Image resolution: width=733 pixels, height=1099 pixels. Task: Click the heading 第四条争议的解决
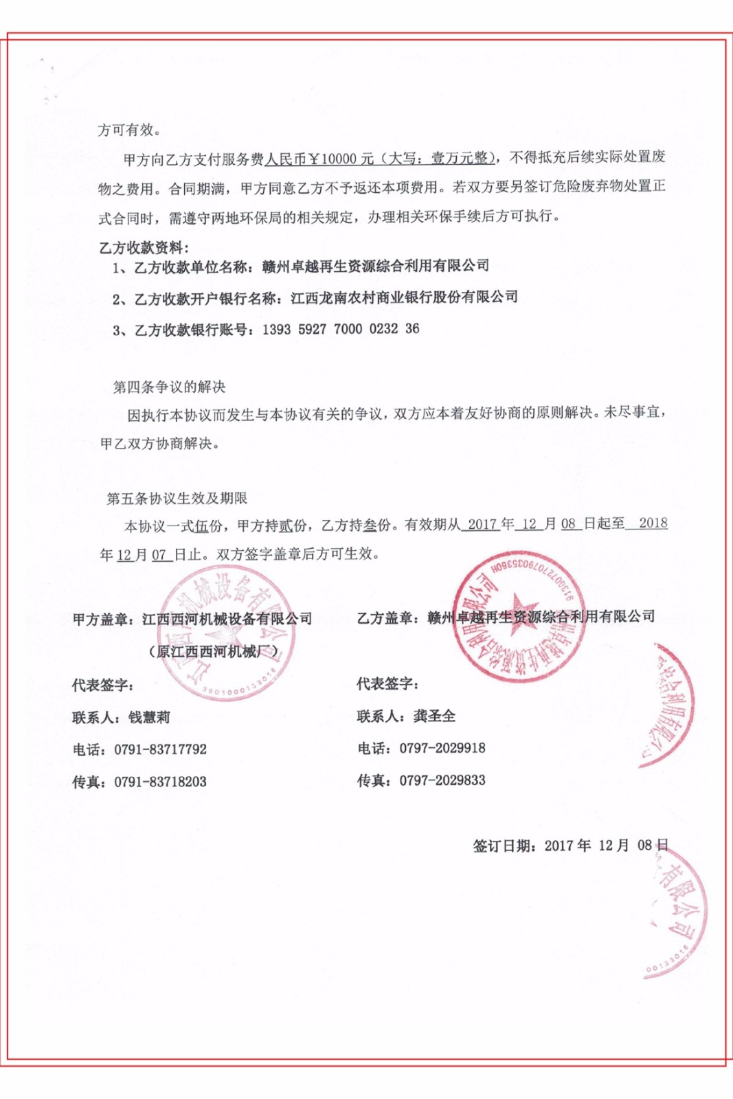pyautogui.click(x=169, y=387)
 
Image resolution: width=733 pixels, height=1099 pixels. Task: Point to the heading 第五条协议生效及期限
pyautogui.click(x=177, y=498)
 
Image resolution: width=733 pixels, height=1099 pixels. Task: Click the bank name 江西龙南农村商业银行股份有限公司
pyautogui.click(x=404, y=297)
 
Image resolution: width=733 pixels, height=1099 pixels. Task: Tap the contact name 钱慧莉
pyautogui.click(x=149, y=717)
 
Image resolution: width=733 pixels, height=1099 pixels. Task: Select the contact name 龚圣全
pyautogui.click(x=434, y=716)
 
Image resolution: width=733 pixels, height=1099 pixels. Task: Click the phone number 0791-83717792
pyautogui.click(x=161, y=749)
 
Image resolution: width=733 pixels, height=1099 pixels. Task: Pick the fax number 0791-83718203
pyautogui.click(x=161, y=782)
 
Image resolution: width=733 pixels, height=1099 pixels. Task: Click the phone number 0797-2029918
pyautogui.click(x=442, y=748)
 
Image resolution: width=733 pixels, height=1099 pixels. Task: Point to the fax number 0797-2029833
pyautogui.click(x=442, y=780)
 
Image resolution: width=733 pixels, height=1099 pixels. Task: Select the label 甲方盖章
pyautogui.click(x=103, y=619)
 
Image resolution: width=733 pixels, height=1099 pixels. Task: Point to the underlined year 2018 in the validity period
pyautogui.click(x=653, y=523)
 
